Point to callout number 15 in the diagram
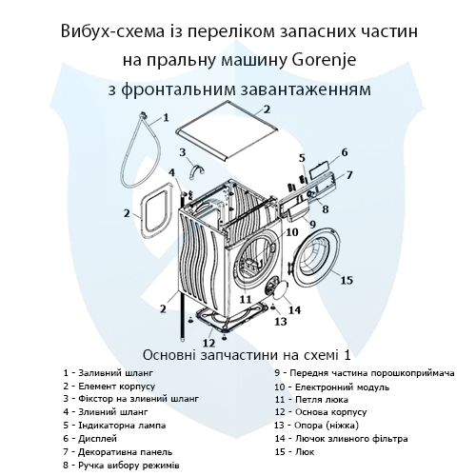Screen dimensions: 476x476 pos(347,280)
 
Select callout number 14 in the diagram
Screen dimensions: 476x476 pos(294,309)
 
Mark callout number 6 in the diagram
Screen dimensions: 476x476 pos(344,152)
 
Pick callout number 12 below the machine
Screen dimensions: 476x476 pos(208,342)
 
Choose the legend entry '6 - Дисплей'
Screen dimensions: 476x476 pos(92,437)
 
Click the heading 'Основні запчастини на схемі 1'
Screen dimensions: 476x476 pos(238,351)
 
